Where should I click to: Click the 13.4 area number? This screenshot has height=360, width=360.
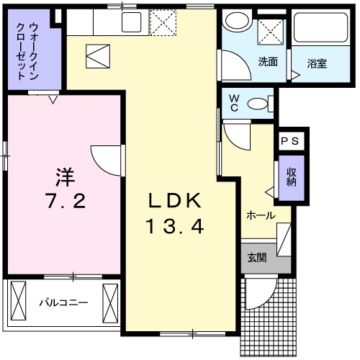[x=176, y=227]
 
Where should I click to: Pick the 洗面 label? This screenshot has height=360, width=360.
[x=268, y=62]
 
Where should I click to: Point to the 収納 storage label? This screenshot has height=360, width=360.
[x=292, y=177]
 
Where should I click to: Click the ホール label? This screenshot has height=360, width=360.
[x=261, y=215]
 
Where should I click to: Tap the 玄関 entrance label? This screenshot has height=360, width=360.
[x=256, y=257]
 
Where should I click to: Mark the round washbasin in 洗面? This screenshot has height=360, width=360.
[x=235, y=21]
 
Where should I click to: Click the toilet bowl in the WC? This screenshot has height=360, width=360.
[x=257, y=104]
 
